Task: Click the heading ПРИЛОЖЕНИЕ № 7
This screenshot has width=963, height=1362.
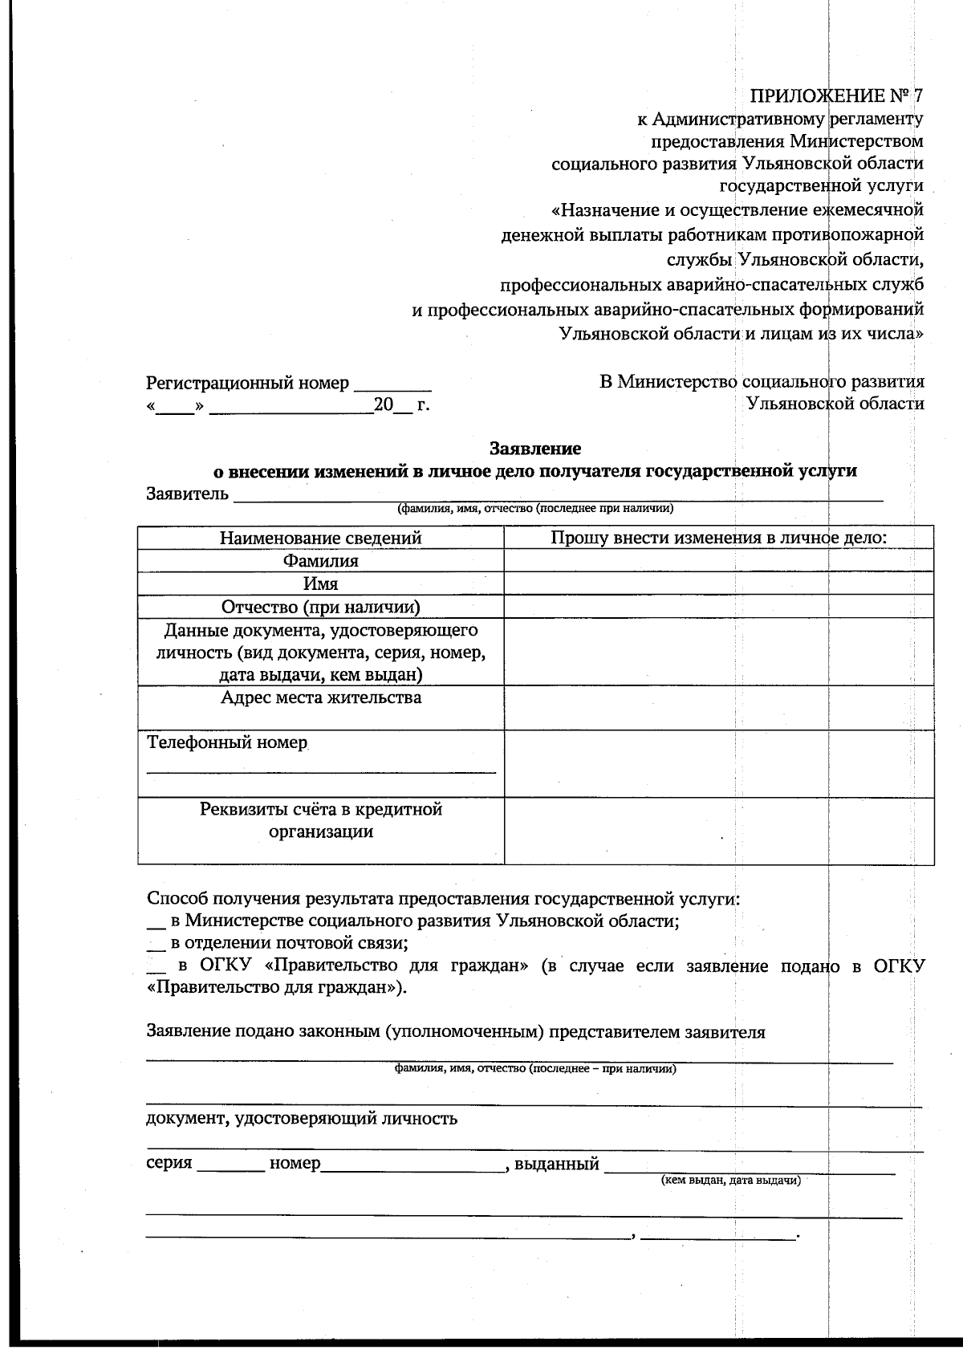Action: click(835, 96)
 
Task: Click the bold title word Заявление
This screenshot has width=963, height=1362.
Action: click(535, 448)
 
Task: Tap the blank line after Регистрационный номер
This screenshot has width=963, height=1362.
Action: click(392, 385)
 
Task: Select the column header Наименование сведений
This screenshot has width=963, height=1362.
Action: click(320, 538)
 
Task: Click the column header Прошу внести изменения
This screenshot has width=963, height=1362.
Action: click(718, 538)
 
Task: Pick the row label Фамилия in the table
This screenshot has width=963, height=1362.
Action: click(320, 561)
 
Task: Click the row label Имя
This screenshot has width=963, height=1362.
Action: click(320, 583)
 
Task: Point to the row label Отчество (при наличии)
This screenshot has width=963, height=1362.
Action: click(320, 607)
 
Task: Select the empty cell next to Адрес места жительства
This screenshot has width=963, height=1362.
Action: click(718, 707)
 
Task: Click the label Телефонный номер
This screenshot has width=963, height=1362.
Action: click(227, 742)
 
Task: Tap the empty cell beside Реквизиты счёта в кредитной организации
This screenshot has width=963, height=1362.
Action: click(718, 831)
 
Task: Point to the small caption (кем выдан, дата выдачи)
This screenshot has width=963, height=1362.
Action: click(729, 1181)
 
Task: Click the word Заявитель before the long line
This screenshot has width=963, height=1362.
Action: click(187, 493)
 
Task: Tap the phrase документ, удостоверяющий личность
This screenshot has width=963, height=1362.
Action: click(302, 1118)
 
